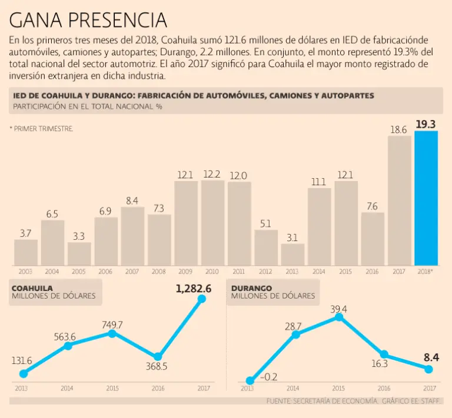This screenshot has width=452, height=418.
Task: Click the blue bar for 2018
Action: [x=426, y=198]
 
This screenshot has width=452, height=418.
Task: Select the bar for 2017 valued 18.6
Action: [x=400, y=201]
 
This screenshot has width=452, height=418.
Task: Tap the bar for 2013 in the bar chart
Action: [x=293, y=254]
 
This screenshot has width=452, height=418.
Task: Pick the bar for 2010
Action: [x=212, y=223]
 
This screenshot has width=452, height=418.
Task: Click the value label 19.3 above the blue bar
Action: [x=426, y=124]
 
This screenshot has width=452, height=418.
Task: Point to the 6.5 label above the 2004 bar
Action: [x=52, y=214]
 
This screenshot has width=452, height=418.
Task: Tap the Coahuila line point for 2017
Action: [x=202, y=299]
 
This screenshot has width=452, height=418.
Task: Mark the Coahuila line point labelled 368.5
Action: [x=157, y=357]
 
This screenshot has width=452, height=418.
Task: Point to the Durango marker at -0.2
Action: [x=250, y=380]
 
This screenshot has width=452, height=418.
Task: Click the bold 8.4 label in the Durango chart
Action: [x=430, y=357]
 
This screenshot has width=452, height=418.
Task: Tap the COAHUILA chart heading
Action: [x=32, y=288]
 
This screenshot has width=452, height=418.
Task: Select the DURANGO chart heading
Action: [x=251, y=288]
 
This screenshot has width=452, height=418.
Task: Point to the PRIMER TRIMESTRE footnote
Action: [x=42, y=128]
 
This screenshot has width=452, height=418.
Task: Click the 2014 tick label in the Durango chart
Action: [x=293, y=389]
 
